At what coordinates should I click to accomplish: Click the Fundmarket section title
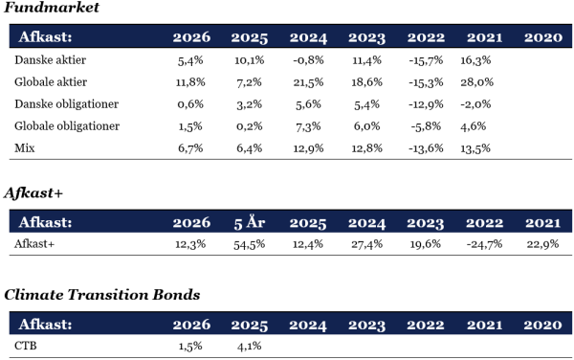[x=52, y=8]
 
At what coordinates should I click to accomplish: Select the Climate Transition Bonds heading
[x=102, y=295]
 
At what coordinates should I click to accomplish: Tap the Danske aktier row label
[x=50, y=59]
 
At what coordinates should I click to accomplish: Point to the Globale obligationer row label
[x=67, y=126]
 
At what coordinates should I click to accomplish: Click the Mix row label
[x=25, y=148]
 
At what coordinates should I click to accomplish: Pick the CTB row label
[x=26, y=346]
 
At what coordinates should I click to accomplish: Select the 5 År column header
[x=250, y=222]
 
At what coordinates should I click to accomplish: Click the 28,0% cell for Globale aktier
[x=476, y=82]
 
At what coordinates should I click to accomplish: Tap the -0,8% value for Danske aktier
[x=308, y=60]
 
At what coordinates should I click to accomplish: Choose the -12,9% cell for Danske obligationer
[x=426, y=104]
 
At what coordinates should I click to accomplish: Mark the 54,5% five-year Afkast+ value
[x=250, y=244]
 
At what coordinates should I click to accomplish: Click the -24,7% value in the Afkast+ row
[x=484, y=244]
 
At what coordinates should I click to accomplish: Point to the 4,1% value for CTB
[x=250, y=346]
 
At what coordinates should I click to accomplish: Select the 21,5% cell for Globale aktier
[x=308, y=82]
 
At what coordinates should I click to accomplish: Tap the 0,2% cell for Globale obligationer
[x=250, y=126]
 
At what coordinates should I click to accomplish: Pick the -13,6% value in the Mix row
[x=426, y=148]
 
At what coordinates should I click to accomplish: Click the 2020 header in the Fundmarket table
[x=542, y=37]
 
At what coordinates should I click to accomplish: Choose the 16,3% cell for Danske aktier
[x=475, y=60]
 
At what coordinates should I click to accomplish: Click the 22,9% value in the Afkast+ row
[x=542, y=244]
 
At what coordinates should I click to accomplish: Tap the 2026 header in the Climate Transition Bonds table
[x=191, y=325]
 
